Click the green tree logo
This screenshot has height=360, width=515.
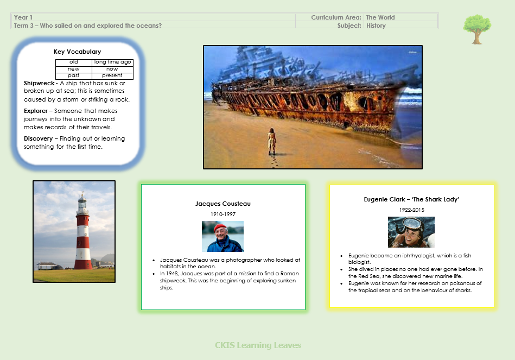[477, 29]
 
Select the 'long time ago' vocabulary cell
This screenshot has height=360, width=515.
[113, 62]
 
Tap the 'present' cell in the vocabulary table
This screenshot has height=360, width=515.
[112, 75]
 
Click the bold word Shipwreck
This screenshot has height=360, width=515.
[39, 83]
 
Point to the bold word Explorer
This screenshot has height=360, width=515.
[35, 111]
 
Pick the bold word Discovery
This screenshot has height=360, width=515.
[38, 139]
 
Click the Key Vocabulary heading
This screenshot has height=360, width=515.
[78, 52]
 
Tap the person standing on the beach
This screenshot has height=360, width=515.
[272, 141]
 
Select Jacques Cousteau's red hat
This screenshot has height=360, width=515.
[220, 228]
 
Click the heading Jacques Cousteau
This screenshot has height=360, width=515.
[223, 204]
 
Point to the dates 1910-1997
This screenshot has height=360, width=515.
[223, 214]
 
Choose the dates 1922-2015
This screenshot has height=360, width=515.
[411, 210]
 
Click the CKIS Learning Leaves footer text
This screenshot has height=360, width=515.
[258, 345]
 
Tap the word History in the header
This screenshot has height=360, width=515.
[376, 26]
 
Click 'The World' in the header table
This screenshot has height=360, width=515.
[380, 17]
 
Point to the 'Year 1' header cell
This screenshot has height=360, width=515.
[23, 17]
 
